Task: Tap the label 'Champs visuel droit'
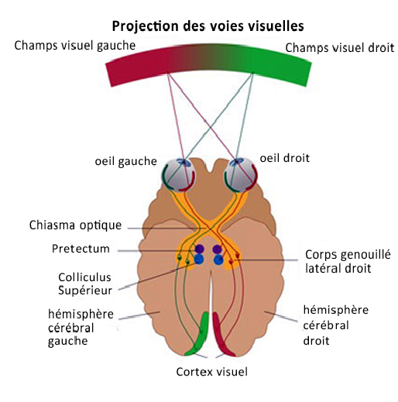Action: point(340,48)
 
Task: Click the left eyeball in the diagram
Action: point(177,177)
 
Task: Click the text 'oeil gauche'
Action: point(125,162)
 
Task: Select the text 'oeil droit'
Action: point(285,157)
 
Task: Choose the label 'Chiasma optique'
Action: point(76,225)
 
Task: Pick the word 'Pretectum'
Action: point(81,249)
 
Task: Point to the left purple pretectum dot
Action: point(199,249)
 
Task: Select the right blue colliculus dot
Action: point(218,260)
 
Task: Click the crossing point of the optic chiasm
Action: point(209,227)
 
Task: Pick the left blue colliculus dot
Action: point(199,260)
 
